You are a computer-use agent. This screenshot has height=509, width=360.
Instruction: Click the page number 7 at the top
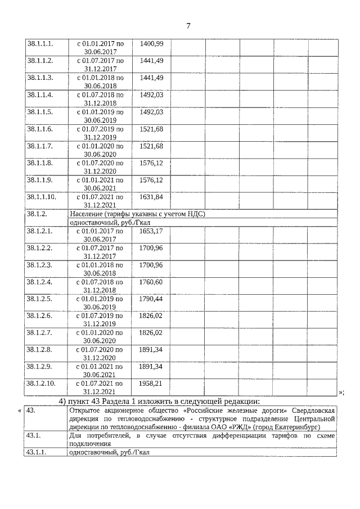coord(189,26)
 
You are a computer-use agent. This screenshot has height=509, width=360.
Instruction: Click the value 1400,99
coord(151,43)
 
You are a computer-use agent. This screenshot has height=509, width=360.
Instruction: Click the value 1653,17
coord(151,231)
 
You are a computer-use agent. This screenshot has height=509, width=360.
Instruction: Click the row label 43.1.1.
coord(37,452)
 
